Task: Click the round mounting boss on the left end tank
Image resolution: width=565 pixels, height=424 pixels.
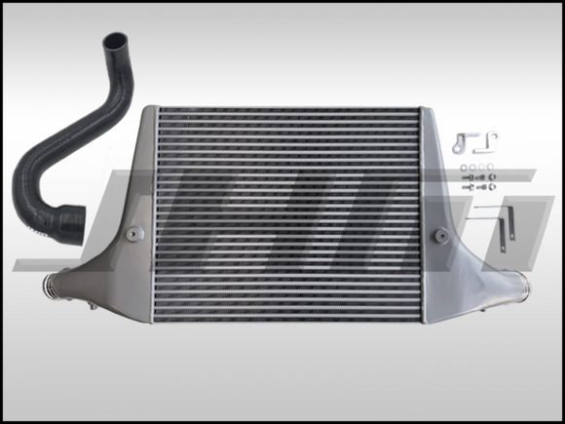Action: pyautogui.click(x=132, y=233)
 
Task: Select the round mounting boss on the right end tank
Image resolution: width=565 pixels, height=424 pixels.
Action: pyautogui.click(x=440, y=235)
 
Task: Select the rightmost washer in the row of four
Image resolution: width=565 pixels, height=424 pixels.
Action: pyautogui.click(x=490, y=167)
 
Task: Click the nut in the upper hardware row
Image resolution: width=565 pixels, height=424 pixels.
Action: pyautogui.click(x=491, y=176)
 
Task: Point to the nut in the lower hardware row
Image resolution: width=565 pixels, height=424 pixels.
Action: pyautogui.click(x=491, y=187)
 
